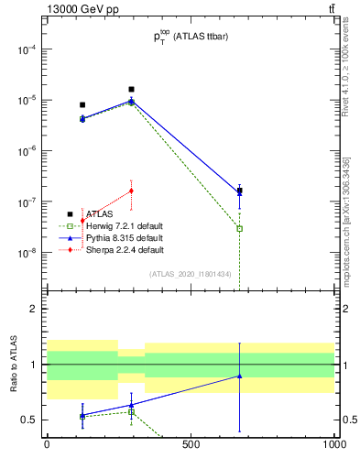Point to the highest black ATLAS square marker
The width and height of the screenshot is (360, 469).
[x=132, y=90]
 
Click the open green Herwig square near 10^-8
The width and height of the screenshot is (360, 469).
[x=239, y=228]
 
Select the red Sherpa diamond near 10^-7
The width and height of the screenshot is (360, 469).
[x=132, y=191]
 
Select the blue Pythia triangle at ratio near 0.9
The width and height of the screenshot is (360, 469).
[x=239, y=376]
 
